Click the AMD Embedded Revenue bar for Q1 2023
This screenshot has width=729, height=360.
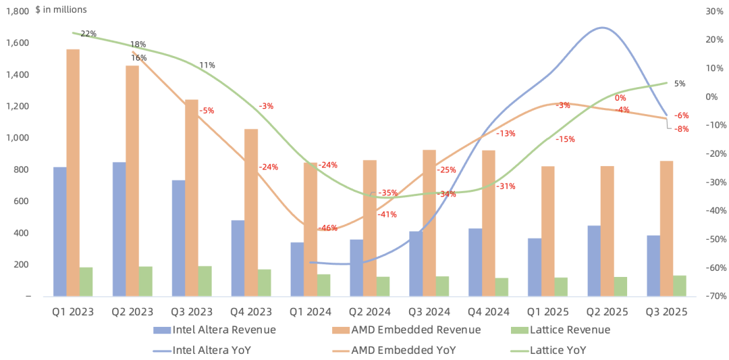point(73,172)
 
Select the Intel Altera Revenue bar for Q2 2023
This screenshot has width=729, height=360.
point(119,229)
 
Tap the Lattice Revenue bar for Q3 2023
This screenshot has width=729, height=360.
point(205,282)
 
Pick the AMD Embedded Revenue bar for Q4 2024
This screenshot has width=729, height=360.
point(489,224)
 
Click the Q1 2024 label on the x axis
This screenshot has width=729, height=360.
point(310,311)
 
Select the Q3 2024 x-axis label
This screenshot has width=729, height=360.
point(429,311)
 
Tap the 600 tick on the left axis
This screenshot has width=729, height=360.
point(23,201)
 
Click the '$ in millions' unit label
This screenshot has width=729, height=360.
point(61,9)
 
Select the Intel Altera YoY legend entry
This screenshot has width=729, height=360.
point(202,349)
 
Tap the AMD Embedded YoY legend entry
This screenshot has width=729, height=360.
point(394,349)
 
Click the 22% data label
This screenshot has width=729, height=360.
point(88,34)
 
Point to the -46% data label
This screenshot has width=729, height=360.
point(328,228)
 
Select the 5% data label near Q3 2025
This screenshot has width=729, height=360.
point(680,84)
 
